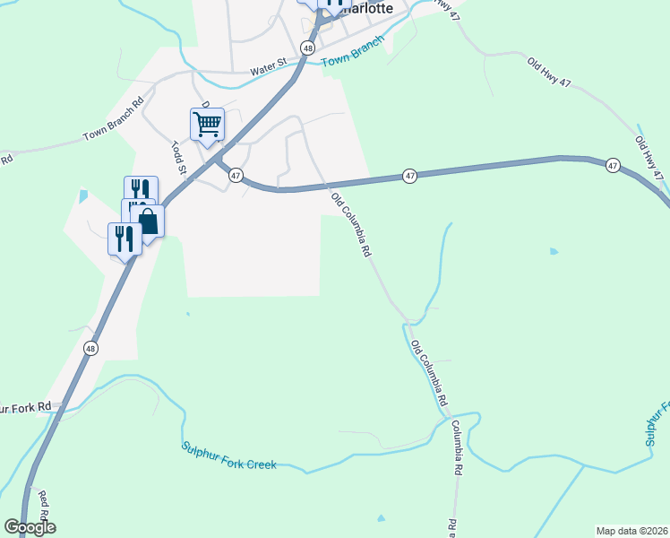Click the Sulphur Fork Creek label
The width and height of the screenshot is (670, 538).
point(228,456)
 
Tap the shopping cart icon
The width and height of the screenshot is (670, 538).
point(207,124)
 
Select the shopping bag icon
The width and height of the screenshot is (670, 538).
point(148,221)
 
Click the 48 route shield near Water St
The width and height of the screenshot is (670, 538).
point(308,48)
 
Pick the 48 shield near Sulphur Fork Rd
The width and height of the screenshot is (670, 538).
point(90,347)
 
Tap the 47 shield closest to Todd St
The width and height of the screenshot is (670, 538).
point(236,176)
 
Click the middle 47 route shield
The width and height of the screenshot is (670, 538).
point(409,177)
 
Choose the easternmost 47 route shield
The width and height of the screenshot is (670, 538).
point(613,166)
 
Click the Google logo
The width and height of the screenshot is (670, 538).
point(30,527)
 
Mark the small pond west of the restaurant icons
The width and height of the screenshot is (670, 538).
point(83,195)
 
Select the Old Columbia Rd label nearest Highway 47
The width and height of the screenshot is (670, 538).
point(350,225)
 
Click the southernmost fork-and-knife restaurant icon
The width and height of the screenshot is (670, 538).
point(125,239)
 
